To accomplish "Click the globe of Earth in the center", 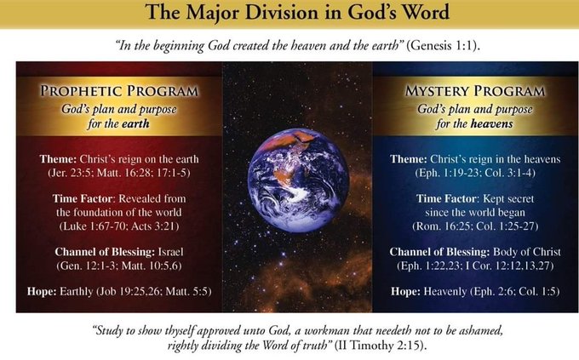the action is click(298, 180).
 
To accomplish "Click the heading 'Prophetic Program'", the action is click(119, 91).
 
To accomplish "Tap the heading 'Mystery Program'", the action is click(475, 91).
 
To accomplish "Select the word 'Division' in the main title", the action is click(281, 12).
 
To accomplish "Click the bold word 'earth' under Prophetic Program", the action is click(135, 123).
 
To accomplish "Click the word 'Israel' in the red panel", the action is click(170, 252).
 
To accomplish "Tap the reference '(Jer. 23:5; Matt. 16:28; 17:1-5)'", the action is click(119, 173).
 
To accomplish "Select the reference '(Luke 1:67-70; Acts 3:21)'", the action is click(119, 226).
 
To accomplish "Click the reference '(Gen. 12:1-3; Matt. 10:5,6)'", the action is click(119, 266).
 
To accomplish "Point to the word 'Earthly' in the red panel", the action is click(77, 292).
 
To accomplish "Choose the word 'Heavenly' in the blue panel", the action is click(445, 292).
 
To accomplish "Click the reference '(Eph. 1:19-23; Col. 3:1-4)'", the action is click(475, 173).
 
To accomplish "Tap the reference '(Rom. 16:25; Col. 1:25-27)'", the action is click(475, 226).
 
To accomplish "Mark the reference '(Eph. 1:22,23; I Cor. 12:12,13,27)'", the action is click(475, 266).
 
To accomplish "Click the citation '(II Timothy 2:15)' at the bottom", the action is click(381, 346).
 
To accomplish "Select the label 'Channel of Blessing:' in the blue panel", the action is click(440, 252).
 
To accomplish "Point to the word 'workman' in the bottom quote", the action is click(322, 330).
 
